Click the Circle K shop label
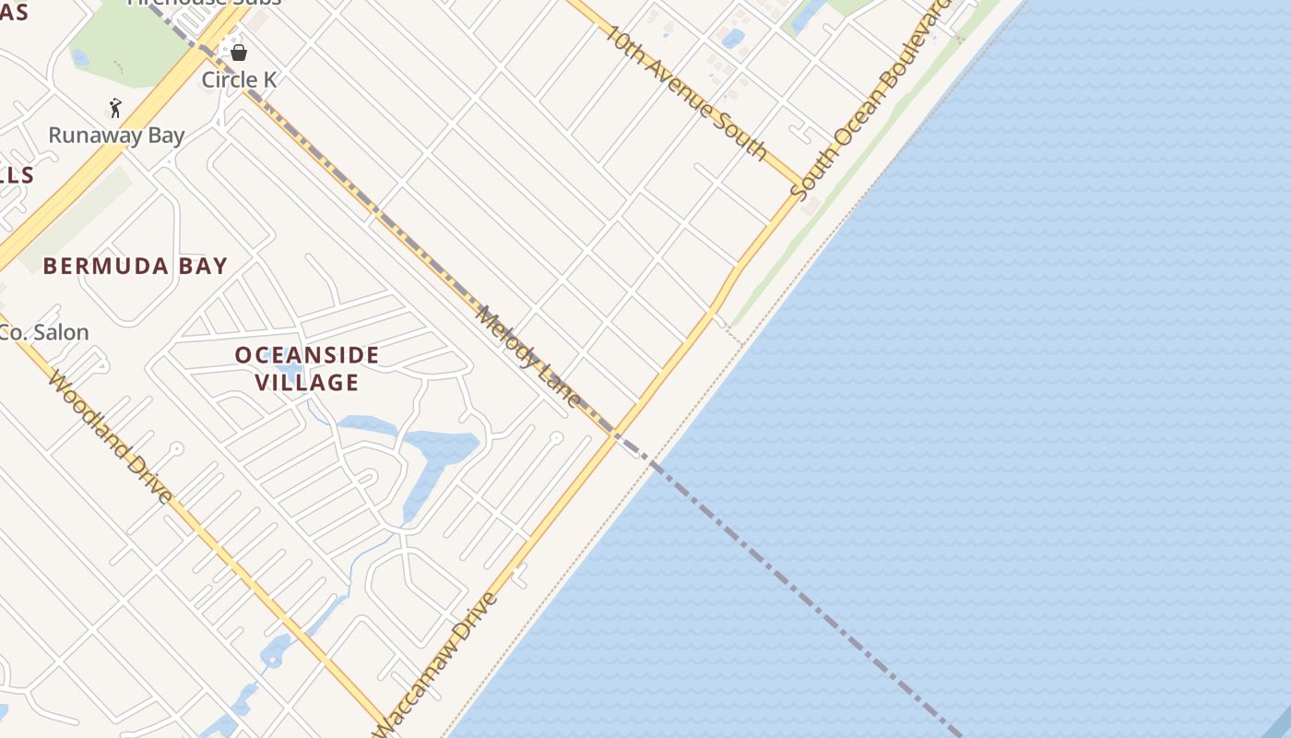pos(239,79)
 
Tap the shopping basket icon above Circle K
pos(239,53)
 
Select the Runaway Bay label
pos(116,135)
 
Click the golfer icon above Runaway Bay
pos(115,108)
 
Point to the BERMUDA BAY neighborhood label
pos(135,267)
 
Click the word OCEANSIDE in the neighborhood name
pos(306,355)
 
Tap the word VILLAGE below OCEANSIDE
pos(306,382)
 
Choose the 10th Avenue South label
pos(686,91)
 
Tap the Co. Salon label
pos(44,333)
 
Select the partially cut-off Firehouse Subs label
pos(204,3)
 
